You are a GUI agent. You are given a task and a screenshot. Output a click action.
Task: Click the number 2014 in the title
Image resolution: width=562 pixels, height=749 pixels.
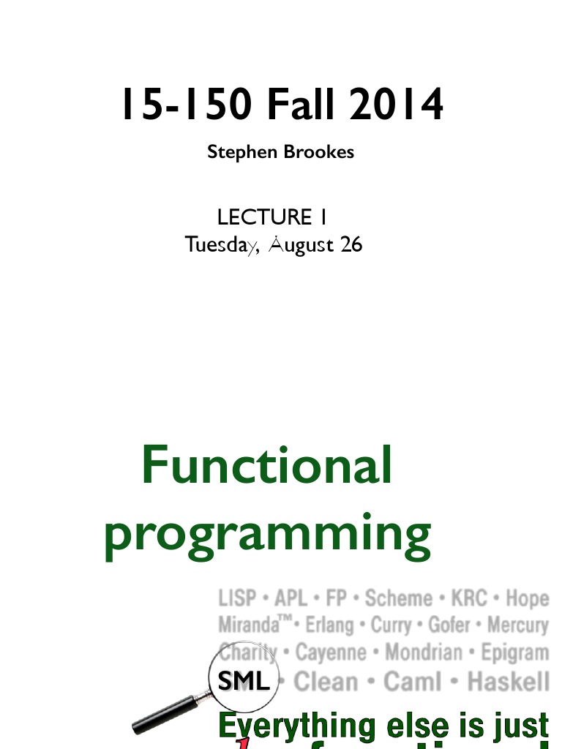(396, 105)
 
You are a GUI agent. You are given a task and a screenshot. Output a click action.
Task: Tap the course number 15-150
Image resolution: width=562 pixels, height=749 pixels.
(187, 105)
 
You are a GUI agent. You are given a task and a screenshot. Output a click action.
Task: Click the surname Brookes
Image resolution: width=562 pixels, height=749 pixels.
(320, 152)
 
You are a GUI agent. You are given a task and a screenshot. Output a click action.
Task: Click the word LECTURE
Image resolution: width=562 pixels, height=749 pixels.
(264, 217)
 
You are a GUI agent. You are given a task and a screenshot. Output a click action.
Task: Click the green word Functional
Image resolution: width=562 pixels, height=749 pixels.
(266, 465)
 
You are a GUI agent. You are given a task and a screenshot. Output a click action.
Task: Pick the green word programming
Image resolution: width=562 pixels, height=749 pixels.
(267, 534)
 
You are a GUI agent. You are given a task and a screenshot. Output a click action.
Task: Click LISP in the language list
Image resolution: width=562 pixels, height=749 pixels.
(237, 598)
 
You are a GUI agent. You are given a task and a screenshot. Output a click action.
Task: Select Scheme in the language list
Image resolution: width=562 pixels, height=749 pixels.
(398, 598)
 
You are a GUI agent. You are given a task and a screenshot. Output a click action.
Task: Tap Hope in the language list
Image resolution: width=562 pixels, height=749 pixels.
(527, 598)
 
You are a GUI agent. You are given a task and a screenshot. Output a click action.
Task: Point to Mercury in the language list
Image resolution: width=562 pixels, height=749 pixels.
(517, 626)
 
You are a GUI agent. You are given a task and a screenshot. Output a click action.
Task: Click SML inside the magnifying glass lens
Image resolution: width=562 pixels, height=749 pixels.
(244, 682)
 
